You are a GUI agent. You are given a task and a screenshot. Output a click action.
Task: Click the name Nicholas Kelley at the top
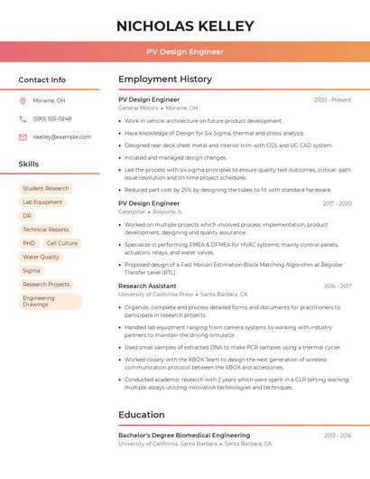coord(185,26)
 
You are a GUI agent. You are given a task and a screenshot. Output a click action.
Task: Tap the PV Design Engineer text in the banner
coord(185,52)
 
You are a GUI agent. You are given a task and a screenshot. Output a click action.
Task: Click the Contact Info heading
coord(42,80)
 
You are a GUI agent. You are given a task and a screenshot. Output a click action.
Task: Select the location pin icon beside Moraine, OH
coord(23,100)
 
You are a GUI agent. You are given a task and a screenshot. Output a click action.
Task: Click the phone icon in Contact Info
coord(23,118)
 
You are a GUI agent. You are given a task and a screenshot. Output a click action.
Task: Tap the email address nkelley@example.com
coord(61,136)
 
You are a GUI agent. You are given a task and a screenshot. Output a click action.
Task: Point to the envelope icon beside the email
coord(23,136)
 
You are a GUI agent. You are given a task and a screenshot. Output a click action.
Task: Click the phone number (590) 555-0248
coord(51,118)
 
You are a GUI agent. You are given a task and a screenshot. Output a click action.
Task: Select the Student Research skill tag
coord(45,189)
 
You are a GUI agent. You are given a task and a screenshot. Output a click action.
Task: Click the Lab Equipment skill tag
coord(42,202)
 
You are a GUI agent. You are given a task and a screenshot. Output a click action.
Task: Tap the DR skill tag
coord(27,216)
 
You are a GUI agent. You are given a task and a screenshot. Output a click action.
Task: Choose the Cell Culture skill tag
coord(61,243)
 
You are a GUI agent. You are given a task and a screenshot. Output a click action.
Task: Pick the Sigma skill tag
coord(32,270)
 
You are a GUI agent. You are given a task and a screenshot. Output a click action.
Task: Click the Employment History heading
coord(165,80)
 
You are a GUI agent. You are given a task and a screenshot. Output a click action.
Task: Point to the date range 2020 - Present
coord(332,99)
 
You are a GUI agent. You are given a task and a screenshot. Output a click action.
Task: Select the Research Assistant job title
coord(147,286)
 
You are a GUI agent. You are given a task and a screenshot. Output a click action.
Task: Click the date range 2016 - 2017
coord(338,286)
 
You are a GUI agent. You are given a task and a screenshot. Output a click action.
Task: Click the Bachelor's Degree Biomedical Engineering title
coord(184,436)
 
